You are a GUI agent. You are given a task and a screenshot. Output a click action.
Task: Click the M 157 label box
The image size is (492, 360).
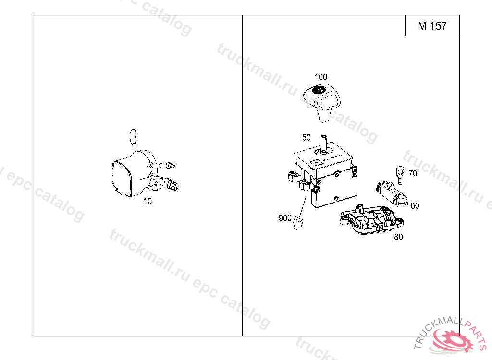(x=432, y=25)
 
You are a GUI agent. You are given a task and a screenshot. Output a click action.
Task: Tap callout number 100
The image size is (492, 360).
(x=320, y=77)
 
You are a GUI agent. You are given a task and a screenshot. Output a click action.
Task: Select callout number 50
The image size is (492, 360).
(x=306, y=138)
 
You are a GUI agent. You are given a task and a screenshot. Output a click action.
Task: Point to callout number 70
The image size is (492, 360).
(x=413, y=173)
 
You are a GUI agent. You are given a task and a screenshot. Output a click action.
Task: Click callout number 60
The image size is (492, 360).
(x=415, y=206)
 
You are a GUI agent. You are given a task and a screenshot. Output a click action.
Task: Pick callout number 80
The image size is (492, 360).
(x=398, y=237)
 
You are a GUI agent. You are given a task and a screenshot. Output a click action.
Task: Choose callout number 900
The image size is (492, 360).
(x=285, y=217)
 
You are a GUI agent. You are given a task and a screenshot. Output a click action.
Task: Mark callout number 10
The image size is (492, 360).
(x=148, y=201)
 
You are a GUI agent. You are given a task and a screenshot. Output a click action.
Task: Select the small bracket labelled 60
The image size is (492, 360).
(x=392, y=193)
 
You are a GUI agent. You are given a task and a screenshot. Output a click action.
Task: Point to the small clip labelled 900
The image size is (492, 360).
(x=298, y=223)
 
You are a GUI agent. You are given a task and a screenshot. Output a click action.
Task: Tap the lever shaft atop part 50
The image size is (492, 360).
(x=323, y=144)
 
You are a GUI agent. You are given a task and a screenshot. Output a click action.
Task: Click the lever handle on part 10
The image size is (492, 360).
(x=134, y=138)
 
